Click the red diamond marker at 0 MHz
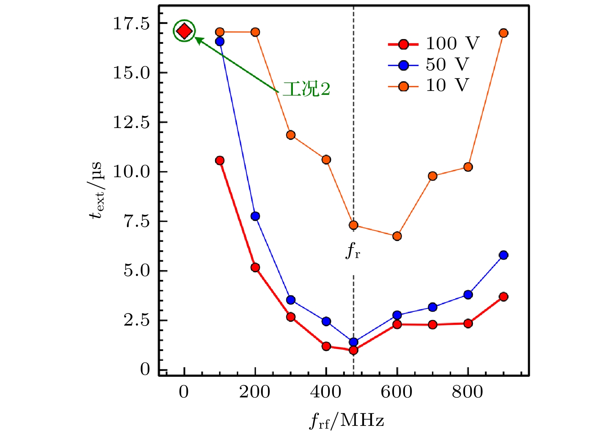[184, 31]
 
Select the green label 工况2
[307, 89]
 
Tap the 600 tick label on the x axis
[397, 392]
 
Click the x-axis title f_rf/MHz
[347, 421]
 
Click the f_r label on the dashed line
[353, 251]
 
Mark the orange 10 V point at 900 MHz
[503, 33]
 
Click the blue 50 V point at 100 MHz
[220, 41]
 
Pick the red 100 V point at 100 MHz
[220, 160]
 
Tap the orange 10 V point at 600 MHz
[397, 236]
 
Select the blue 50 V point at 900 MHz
[503, 255]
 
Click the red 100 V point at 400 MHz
[326, 346]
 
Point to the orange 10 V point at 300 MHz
[291, 135]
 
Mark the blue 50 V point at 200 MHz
[255, 216]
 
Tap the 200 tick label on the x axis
[255, 392]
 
